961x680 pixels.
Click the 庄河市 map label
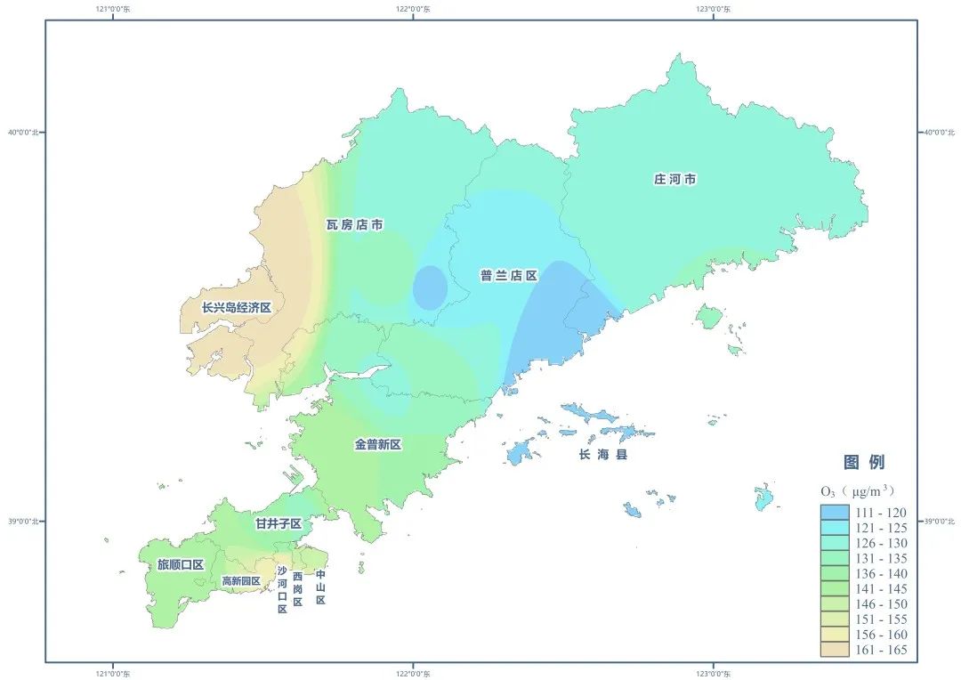click(674, 180)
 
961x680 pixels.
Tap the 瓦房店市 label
click(354, 225)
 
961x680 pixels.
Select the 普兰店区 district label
click(509, 276)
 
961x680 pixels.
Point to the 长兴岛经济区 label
click(236, 307)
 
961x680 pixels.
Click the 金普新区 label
click(378, 444)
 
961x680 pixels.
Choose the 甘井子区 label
click(278, 523)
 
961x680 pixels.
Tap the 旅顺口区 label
click(181, 564)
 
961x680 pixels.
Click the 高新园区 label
click(240, 581)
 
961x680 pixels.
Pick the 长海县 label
click(603, 455)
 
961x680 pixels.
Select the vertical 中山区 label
click(320, 587)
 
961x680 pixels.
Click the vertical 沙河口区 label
click(282, 590)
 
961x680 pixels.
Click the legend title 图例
click(864, 463)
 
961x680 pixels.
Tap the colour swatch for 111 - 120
click(835, 513)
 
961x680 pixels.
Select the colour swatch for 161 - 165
click(835, 650)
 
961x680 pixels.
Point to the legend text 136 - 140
click(881, 574)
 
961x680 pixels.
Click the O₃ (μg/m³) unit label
click(856, 491)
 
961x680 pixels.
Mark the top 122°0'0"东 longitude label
click(412, 10)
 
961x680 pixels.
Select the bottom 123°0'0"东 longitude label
click(713, 672)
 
